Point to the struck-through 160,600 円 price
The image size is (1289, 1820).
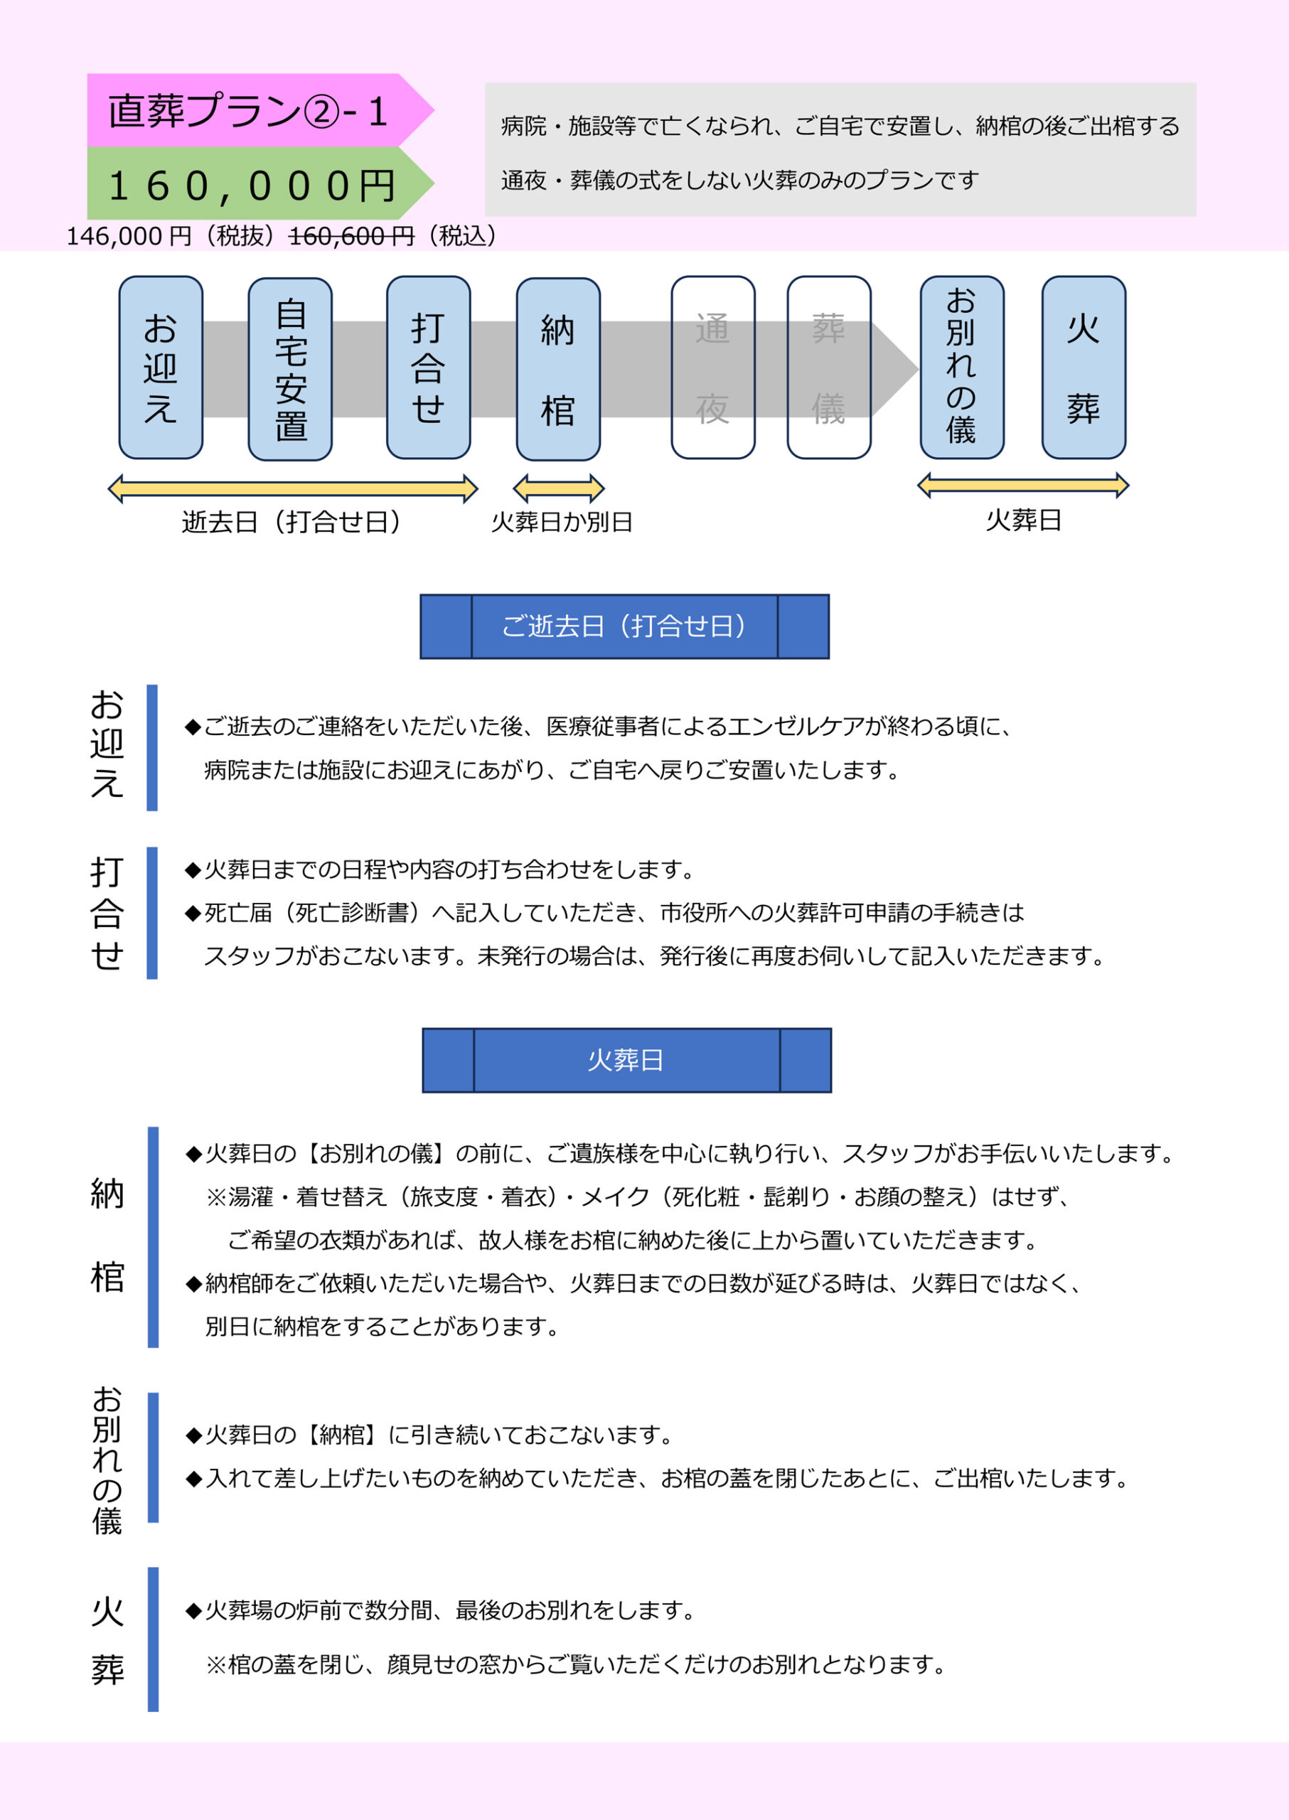coord(352,236)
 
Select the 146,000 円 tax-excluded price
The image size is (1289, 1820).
coord(129,236)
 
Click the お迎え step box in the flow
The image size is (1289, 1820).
coord(161,368)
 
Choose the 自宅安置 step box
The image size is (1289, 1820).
coord(291,369)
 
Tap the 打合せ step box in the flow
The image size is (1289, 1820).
coord(429,368)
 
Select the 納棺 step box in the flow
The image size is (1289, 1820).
coord(558,369)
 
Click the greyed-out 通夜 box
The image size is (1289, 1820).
coord(713,368)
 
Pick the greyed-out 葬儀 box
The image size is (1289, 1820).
coord(829,368)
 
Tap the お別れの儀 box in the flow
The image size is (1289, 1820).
coord(962,368)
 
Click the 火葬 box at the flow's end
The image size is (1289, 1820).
coord(1084,368)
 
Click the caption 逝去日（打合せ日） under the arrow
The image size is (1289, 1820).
coord(292,522)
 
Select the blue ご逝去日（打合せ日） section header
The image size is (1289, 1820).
coord(625,626)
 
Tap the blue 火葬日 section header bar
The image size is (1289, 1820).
coord(627,1061)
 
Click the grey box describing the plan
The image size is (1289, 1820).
coord(840,149)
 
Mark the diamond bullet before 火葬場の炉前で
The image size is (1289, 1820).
coord(193,1611)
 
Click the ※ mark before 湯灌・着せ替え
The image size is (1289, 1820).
coord(216,1197)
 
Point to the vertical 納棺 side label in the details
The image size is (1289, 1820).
coord(107,1236)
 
